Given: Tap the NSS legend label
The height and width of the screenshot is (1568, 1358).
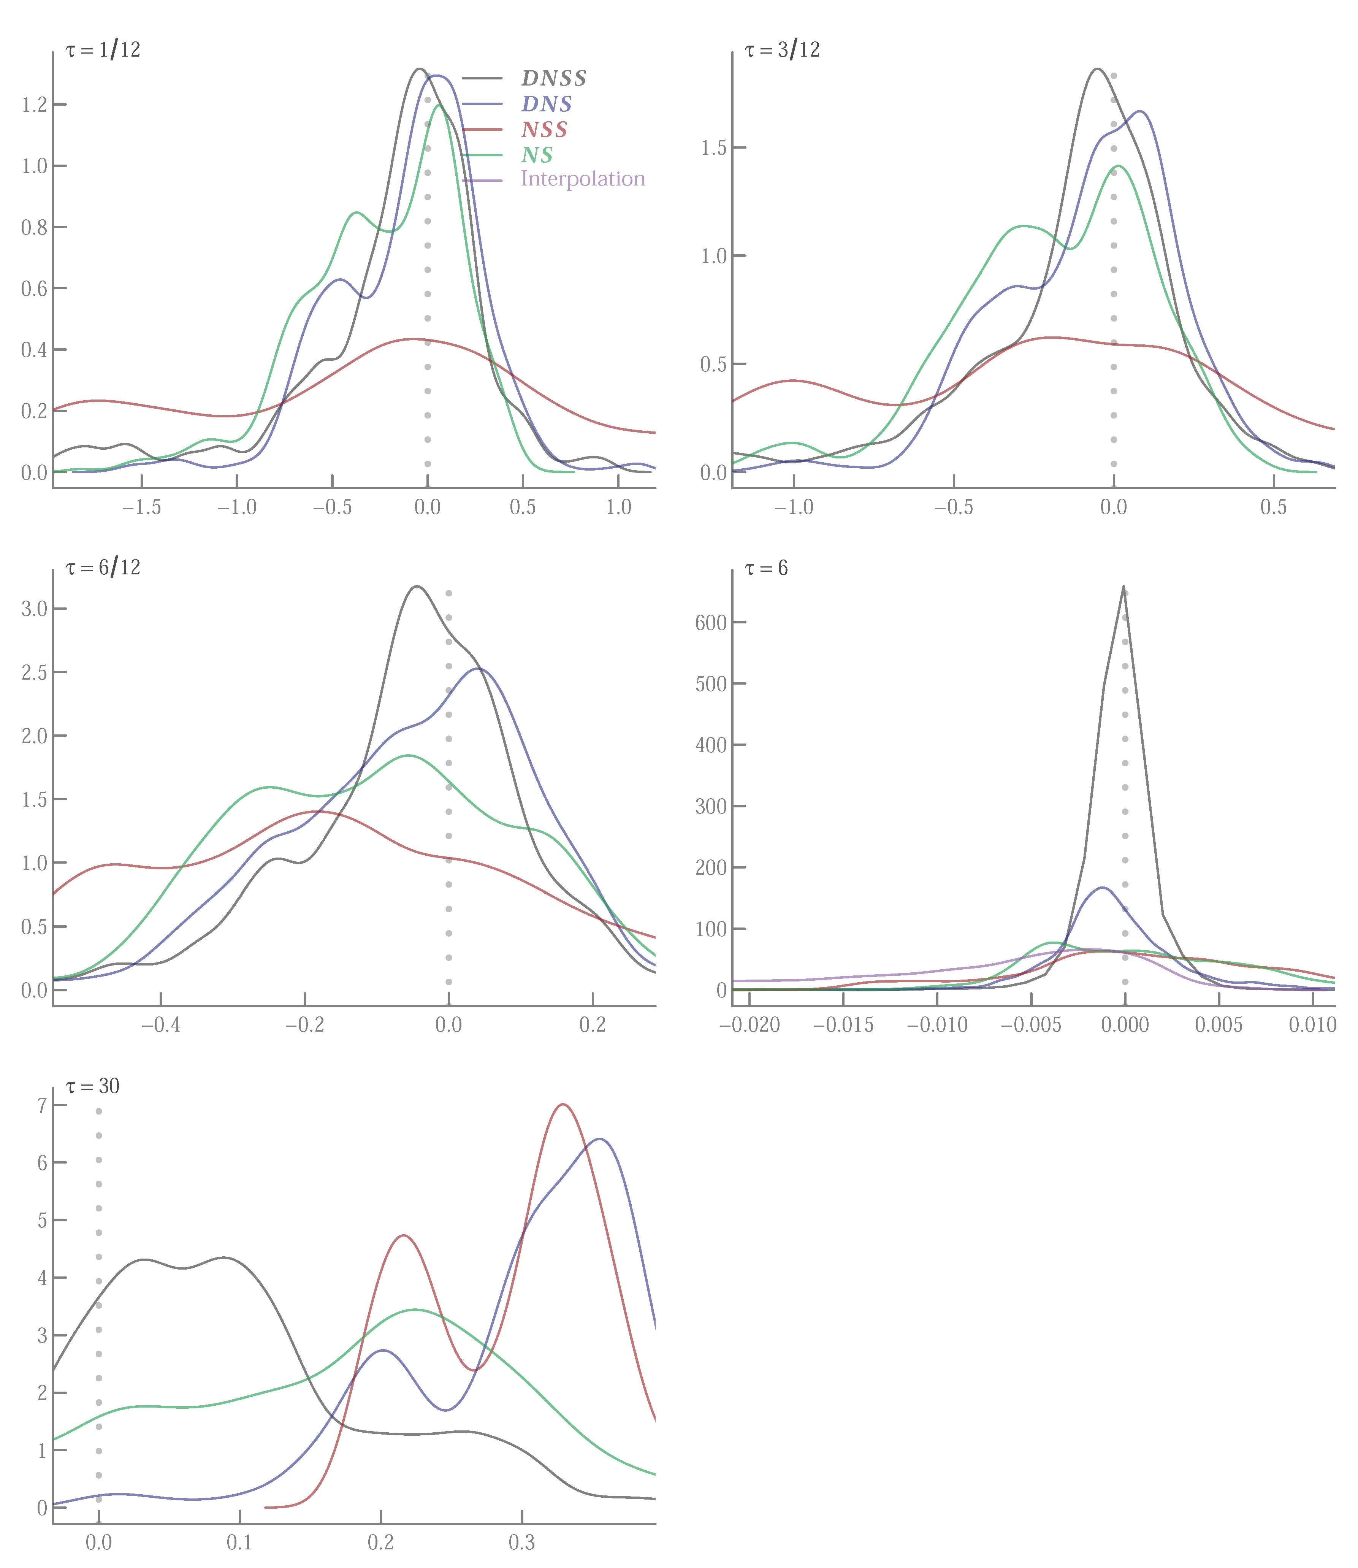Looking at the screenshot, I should pos(544,130).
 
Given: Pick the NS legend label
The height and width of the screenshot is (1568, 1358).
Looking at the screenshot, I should pos(537,155).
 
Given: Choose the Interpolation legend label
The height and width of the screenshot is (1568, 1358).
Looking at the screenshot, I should pos(583,179).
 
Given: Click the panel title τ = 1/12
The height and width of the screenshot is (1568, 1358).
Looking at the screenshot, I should pos(103,50).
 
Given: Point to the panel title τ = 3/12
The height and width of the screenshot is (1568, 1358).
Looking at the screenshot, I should pos(782,50).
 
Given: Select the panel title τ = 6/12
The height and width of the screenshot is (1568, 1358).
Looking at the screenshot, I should pos(103,568).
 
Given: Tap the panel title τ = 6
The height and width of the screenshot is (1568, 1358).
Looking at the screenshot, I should pos(766,568).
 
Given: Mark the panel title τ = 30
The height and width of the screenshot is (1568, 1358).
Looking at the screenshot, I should pos(92,1086).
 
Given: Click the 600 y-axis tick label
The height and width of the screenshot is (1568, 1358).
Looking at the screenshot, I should pos(711,623).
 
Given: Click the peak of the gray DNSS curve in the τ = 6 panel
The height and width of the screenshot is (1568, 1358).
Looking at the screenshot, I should pos(1123,586).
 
